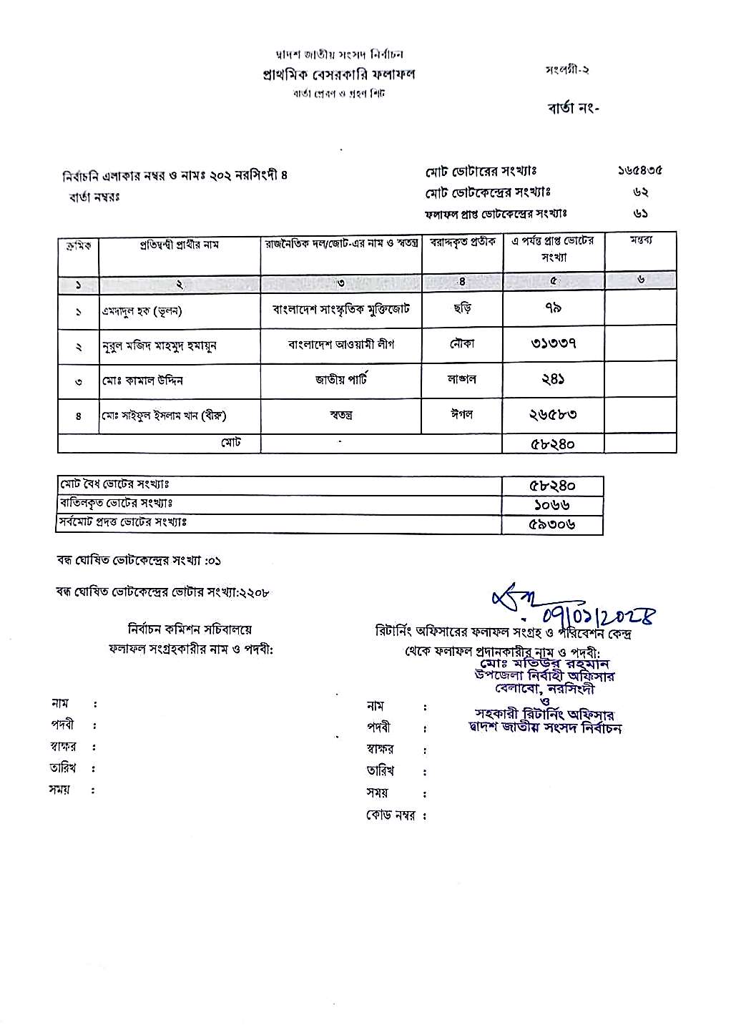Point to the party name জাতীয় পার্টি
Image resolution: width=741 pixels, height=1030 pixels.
click(341, 379)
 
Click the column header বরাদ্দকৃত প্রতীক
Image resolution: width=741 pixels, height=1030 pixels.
click(462, 243)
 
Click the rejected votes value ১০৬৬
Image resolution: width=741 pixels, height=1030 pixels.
click(551, 505)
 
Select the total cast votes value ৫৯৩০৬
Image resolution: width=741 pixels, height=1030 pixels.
click(551, 524)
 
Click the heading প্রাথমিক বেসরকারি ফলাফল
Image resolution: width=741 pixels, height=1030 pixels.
click(338, 74)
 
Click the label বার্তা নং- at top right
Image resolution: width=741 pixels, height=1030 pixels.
click(574, 109)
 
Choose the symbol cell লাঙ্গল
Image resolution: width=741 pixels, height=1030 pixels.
click(462, 379)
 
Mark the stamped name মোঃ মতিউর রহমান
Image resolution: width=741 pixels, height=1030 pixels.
click(545, 663)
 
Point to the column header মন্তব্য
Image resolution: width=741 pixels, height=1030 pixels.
click(640, 240)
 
